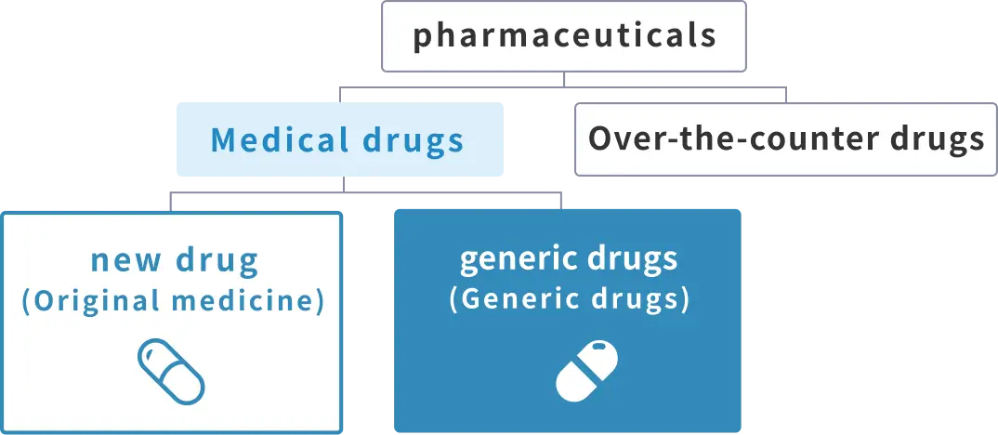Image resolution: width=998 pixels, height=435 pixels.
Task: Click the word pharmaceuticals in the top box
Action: point(565,36)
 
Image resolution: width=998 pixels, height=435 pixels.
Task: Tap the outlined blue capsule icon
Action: point(170,371)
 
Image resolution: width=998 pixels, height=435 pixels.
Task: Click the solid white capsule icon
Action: point(586,371)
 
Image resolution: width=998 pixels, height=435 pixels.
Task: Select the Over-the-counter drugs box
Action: point(785,139)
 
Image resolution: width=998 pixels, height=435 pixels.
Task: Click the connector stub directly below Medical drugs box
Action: point(344,184)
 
